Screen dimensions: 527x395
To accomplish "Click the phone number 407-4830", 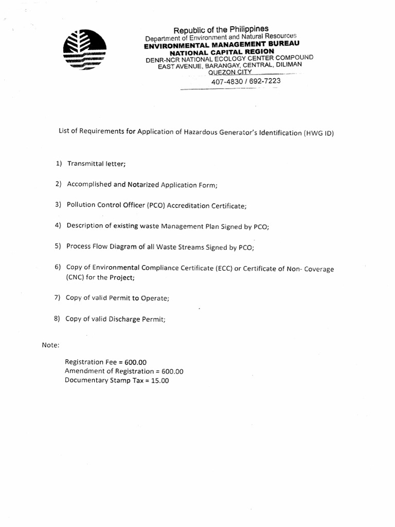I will [x=225, y=82].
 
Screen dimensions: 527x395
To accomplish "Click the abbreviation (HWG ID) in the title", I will [x=319, y=133].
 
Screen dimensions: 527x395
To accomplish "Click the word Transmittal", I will [x=85, y=164].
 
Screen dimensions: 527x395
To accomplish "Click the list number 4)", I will [x=58, y=225].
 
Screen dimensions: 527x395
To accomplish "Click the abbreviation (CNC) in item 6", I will [x=75, y=277].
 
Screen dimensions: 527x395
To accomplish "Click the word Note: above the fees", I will [x=50, y=344].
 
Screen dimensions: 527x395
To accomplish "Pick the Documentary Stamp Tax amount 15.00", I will [x=160, y=381].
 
